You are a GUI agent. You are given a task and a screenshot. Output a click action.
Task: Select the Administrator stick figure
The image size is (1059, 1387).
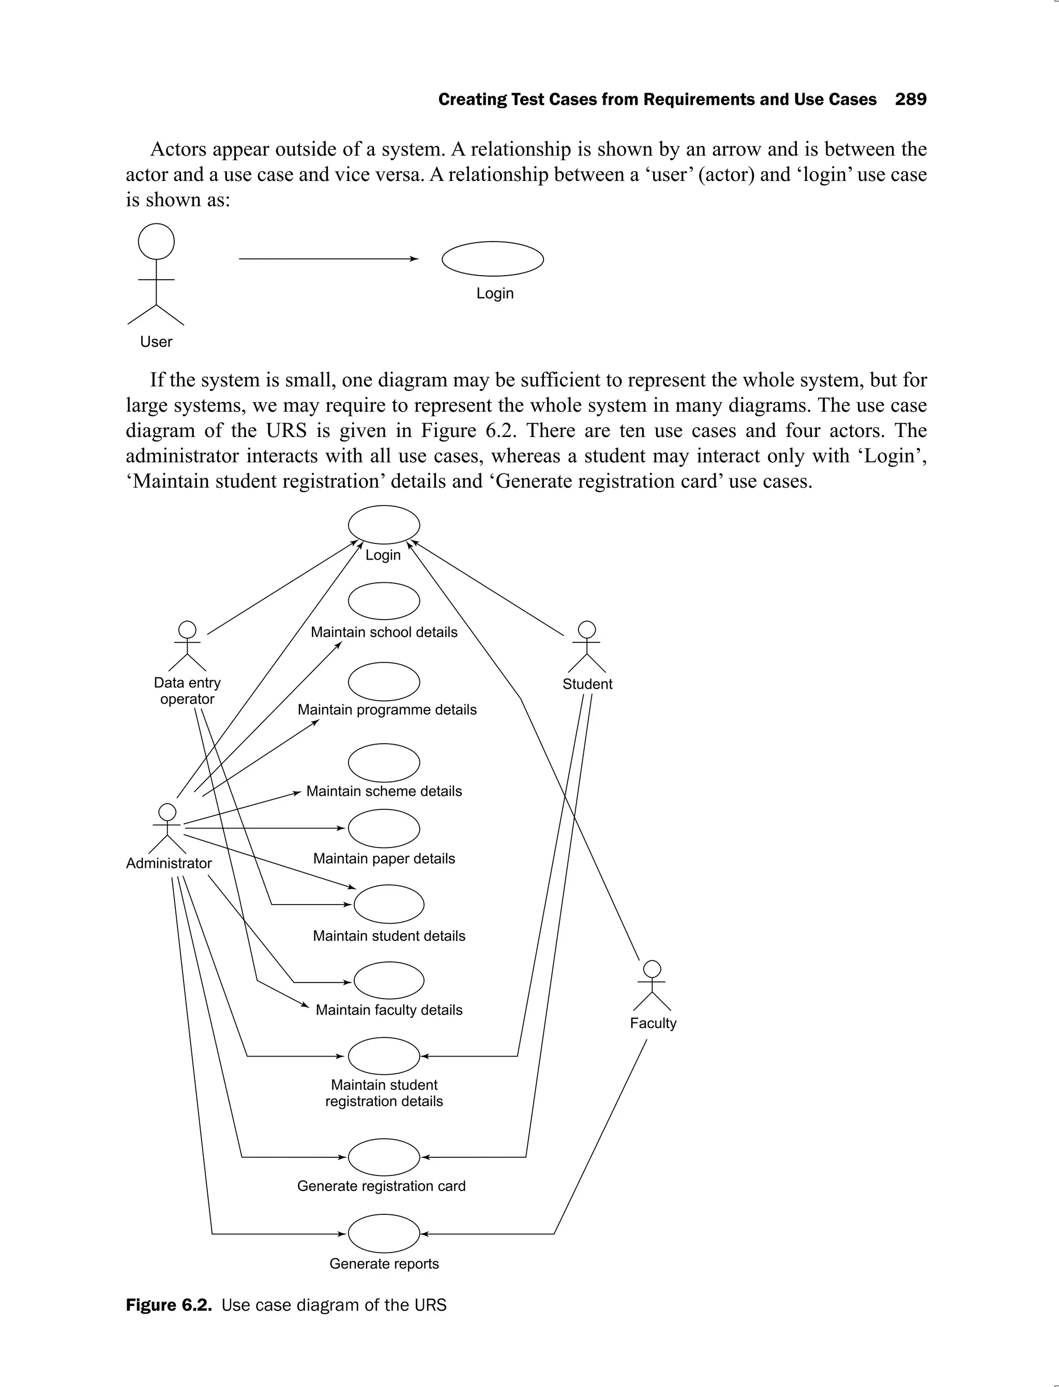click(167, 828)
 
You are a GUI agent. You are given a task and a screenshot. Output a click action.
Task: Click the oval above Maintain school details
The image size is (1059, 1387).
click(384, 601)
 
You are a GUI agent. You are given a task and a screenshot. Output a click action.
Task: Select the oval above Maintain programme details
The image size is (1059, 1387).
click(384, 682)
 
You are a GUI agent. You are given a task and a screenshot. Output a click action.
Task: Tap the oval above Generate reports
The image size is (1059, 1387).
click(384, 1233)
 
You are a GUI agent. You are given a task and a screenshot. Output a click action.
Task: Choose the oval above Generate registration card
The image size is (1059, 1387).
click(384, 1157)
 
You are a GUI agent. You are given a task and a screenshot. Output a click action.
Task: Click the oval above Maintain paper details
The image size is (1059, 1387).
click(384, 828)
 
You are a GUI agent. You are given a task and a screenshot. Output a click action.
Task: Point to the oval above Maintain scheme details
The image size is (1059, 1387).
click(384, 763)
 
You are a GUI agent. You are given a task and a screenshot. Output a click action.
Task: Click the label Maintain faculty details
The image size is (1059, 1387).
click(389, 1009)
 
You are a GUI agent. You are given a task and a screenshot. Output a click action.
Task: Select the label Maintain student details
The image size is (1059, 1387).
click(389, 936)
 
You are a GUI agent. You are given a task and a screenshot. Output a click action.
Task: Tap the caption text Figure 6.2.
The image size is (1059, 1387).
click(168, 1304)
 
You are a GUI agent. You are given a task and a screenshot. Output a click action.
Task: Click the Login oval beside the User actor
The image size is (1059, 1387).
click(492, 259)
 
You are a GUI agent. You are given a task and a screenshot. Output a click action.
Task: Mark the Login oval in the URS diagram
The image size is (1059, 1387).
click(384, 524)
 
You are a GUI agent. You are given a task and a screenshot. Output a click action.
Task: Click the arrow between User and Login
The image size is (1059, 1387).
click(328, 259)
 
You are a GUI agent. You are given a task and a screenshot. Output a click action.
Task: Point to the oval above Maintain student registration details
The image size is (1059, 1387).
click(384, 1056)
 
